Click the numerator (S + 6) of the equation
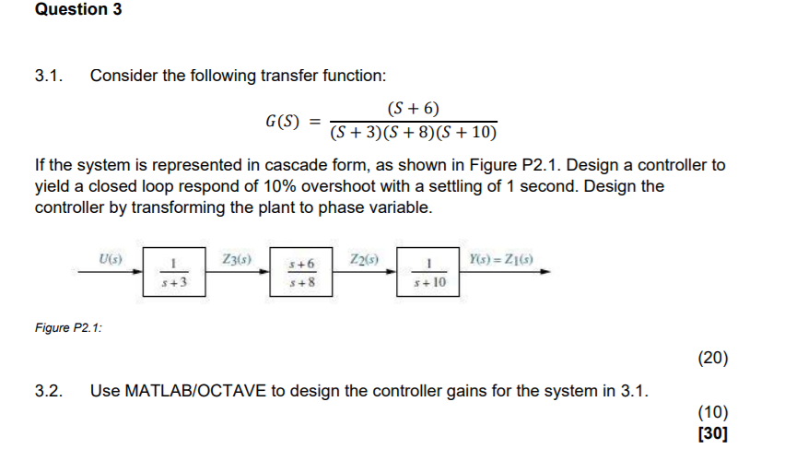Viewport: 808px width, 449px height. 412,108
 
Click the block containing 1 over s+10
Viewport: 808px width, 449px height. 427,274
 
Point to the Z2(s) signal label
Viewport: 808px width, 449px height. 364,259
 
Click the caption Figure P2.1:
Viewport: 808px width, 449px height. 68,327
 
